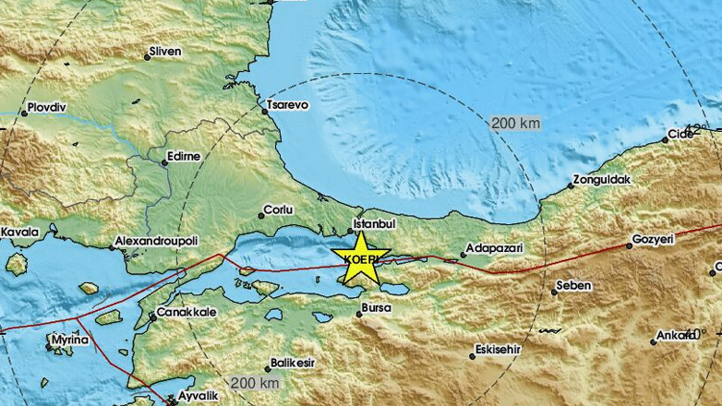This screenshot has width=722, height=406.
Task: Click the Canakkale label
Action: [187, 313]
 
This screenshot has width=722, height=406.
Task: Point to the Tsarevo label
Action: [287, 105]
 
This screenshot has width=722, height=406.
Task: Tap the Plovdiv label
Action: [51, 107]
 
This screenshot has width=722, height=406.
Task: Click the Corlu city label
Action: [278, 210]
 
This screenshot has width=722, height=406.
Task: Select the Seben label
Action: [572, 286]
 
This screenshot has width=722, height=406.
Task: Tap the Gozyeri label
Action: [654, 239]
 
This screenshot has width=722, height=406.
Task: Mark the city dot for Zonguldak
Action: [571, 185]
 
